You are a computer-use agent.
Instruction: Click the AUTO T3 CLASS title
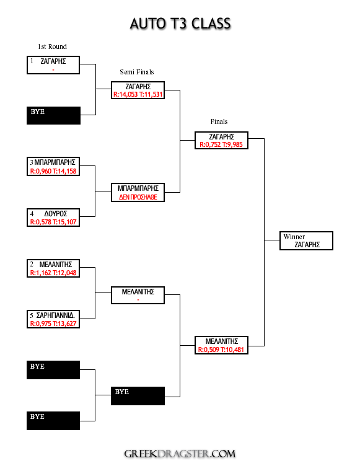(180, 24)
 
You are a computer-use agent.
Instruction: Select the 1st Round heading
(52, 46)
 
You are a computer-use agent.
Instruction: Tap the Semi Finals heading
(137, 72)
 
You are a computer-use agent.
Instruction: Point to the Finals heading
(219, 121)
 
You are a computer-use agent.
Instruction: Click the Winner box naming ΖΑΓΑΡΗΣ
(306, 240)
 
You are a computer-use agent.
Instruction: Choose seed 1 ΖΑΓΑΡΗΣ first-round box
(53, 65)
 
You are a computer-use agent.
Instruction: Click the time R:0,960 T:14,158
(53, 171)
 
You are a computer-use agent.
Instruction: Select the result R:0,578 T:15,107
(53, 222)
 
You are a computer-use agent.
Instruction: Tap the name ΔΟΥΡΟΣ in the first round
(56, 214)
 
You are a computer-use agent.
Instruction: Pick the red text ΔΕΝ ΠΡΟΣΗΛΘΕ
(138, 197)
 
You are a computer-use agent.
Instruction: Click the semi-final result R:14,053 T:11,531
(138, 95)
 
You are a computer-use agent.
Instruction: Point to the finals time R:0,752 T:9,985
(221, 145)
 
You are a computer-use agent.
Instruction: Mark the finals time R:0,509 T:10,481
(221, 349)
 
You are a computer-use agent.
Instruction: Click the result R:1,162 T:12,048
(53, 273)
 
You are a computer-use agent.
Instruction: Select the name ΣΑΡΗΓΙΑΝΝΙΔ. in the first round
(56, 315)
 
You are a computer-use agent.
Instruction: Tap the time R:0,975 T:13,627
(53, 323)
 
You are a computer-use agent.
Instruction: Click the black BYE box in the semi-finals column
(138, 396)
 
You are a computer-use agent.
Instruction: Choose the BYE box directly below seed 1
(53, 116)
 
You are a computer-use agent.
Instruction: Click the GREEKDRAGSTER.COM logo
(180, 454)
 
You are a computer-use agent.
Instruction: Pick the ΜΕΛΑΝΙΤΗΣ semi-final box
(138, 295)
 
